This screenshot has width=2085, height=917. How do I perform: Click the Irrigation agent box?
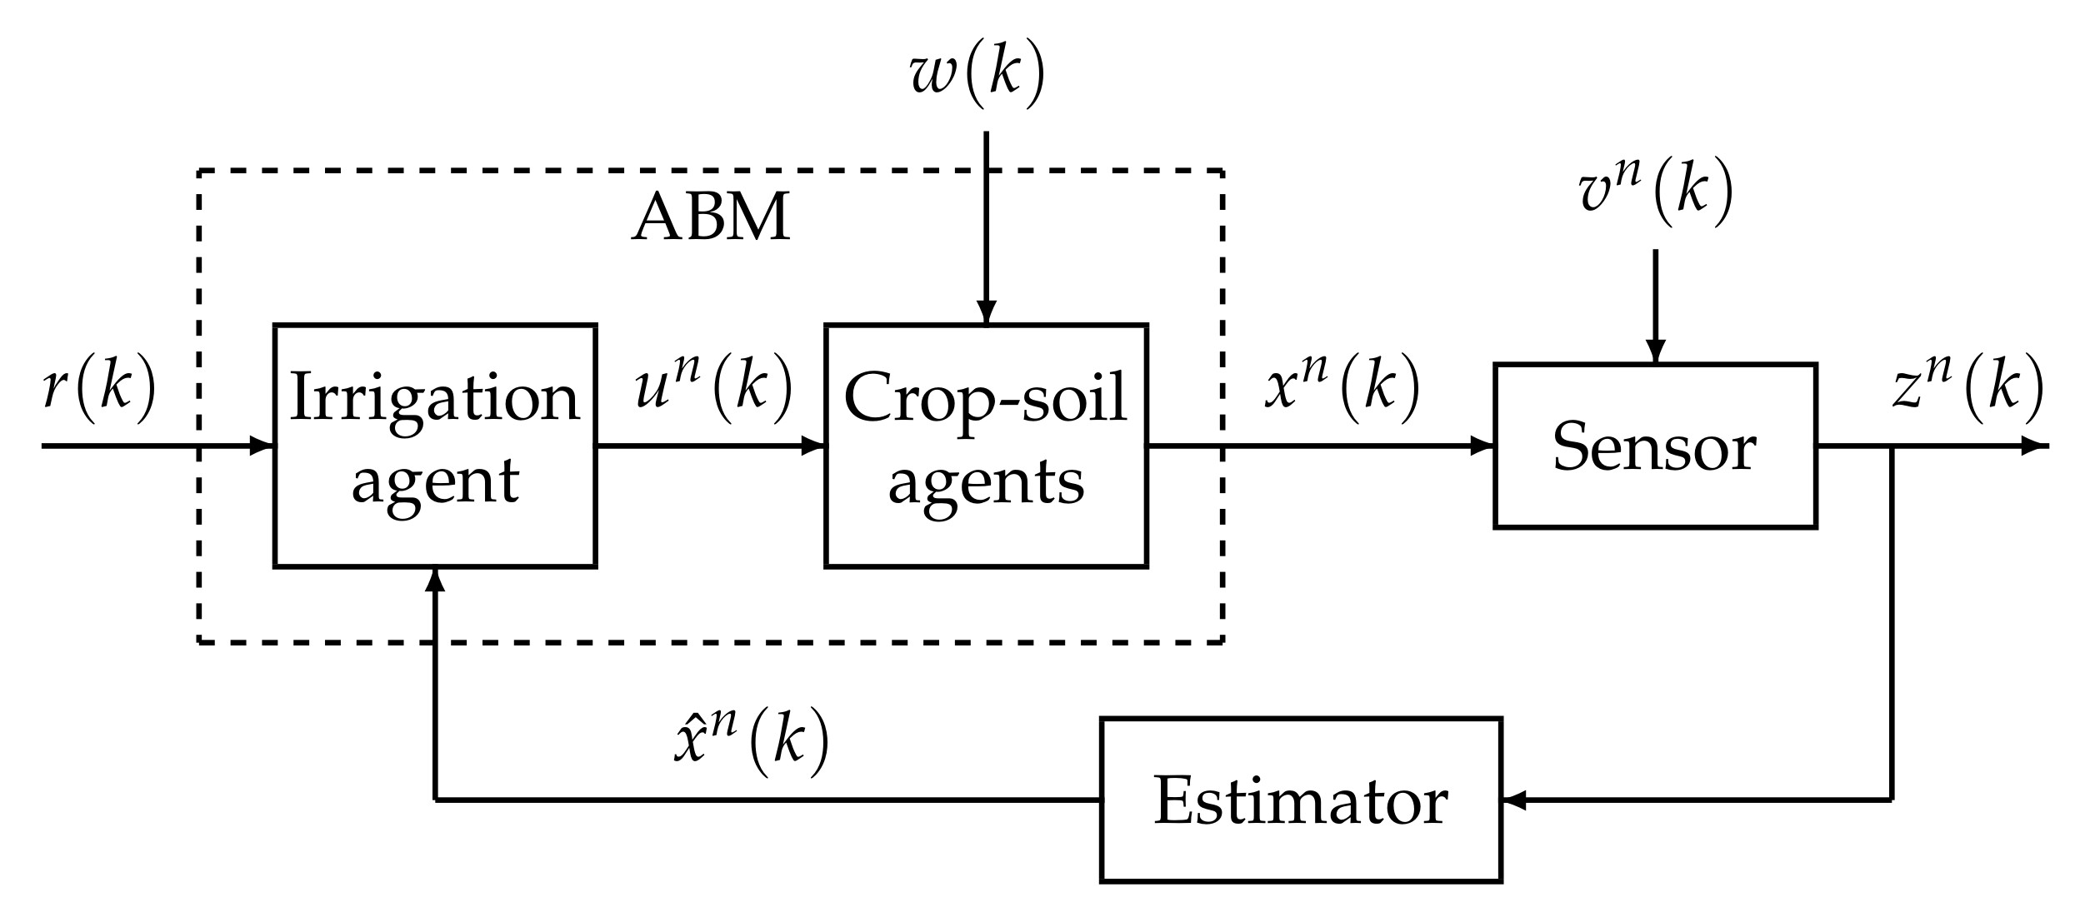(434, 445)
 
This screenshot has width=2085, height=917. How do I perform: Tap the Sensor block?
(1654, 445)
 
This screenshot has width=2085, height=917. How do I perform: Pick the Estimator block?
(1300, 800)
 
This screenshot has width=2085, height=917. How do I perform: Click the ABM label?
(710, 218)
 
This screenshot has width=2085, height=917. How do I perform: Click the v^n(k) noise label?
(1654, 193)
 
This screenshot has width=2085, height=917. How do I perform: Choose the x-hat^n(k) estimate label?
(750, 741)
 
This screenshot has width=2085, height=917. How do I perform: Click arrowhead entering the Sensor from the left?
(1482, 446)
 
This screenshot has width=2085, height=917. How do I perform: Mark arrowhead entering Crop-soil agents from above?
(986, 311)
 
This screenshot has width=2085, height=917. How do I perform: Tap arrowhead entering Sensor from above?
(1655, 351)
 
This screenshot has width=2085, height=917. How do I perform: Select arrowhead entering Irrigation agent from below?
(434, 581)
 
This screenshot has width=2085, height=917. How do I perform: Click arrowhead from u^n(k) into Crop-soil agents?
(812, 446)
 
